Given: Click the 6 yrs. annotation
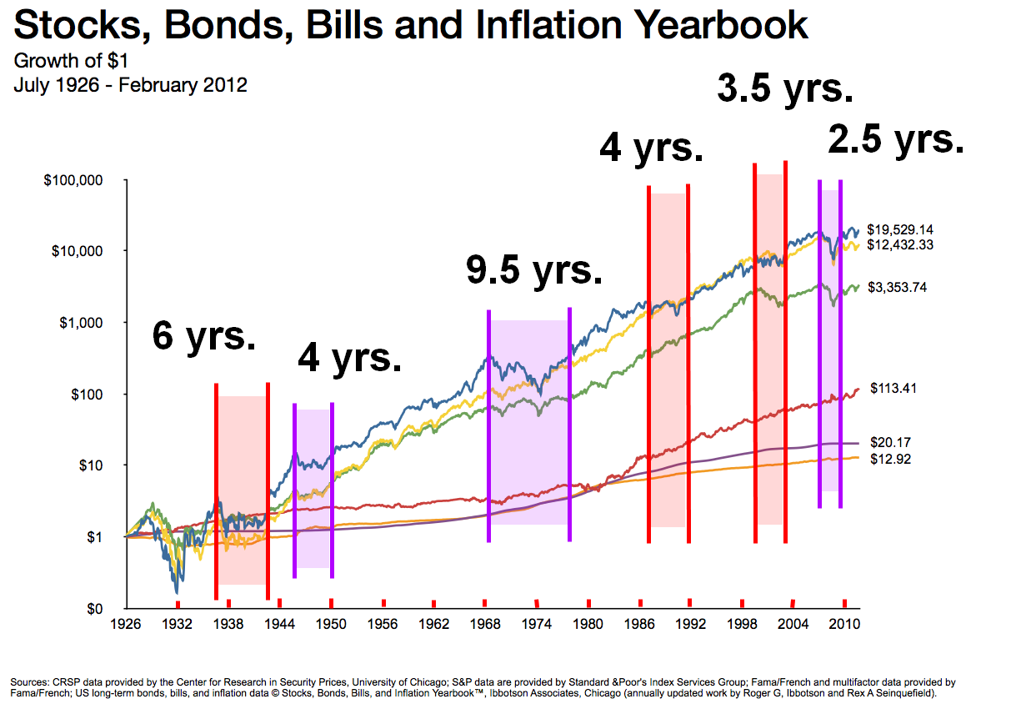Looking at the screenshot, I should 203,336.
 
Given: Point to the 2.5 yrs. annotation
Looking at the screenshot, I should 896,139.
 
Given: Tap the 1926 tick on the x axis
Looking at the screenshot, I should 126,624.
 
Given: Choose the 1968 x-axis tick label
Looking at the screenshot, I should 486,624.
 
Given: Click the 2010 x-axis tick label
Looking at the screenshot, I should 845,624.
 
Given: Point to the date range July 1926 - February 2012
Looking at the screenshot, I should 130,84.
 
